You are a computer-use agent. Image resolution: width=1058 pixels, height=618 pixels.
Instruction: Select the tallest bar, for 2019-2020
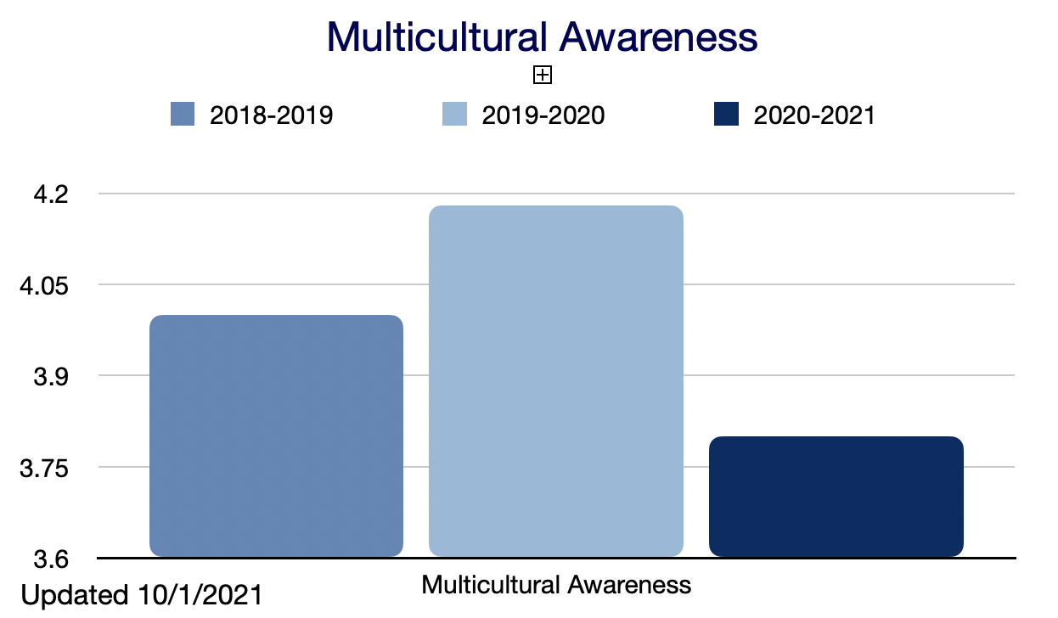556,381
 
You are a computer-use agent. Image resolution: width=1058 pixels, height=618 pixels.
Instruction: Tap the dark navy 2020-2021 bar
836,497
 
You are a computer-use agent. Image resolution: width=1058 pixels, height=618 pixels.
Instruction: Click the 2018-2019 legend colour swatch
183,115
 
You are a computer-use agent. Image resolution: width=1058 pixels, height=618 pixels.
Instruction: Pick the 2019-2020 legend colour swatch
455,115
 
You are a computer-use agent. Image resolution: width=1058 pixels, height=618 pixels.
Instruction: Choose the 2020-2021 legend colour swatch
727,115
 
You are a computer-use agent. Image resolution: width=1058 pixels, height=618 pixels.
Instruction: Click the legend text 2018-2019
272,115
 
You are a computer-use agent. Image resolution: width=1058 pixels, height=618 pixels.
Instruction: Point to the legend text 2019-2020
543,115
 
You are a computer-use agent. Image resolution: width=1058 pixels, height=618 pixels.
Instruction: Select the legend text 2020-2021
814,115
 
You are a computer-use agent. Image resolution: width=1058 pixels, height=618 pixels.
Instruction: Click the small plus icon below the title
543,76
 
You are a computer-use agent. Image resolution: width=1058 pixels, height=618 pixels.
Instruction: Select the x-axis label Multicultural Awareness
556,585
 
